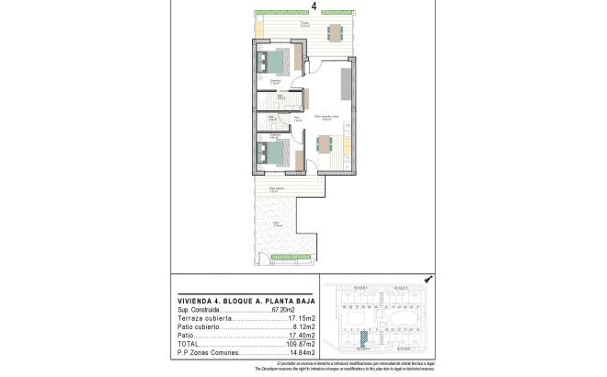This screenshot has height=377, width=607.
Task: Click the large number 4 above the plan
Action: pyautogui.click(x=315, y=6)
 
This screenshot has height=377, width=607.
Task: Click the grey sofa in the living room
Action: pyautogui.click(x=346, y=84)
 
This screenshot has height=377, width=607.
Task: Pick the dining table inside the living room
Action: pyautogui.click(x=325, y=143)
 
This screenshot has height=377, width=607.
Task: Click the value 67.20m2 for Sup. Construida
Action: pyautogui.click(x=299, y=311)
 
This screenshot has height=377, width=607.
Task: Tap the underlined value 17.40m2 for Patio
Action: pyautogui.click(x=302, y=336)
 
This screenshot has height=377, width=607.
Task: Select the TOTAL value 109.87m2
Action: pyautogui.click(x=300, y=344)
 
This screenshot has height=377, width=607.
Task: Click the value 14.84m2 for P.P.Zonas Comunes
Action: pyautogui.click(x=302, y=352)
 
